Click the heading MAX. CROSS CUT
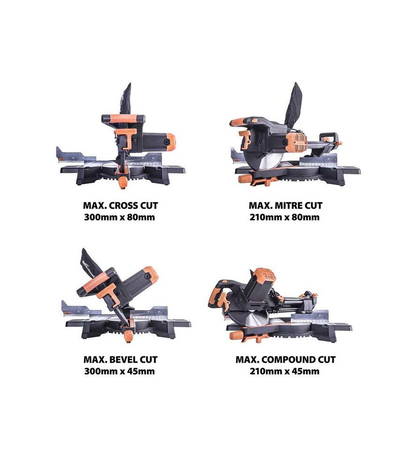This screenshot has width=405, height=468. coord(120,205)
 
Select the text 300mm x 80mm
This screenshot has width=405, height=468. coord(119,217)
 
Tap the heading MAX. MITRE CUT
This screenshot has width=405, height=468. coord(286,205)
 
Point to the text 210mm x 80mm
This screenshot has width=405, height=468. coord(285,217)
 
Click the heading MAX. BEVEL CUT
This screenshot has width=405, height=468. coord(120,359)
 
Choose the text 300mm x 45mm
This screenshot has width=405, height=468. coord(119,371)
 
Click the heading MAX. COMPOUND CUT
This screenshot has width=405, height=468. coord(286,359)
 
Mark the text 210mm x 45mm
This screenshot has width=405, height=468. coord(285,371)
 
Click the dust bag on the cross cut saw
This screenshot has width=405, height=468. coord(126,99)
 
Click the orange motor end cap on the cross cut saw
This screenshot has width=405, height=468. coord(171,144)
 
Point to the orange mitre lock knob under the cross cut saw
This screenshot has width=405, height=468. coord(123,183)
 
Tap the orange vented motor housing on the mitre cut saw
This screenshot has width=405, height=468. coord(296,142)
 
